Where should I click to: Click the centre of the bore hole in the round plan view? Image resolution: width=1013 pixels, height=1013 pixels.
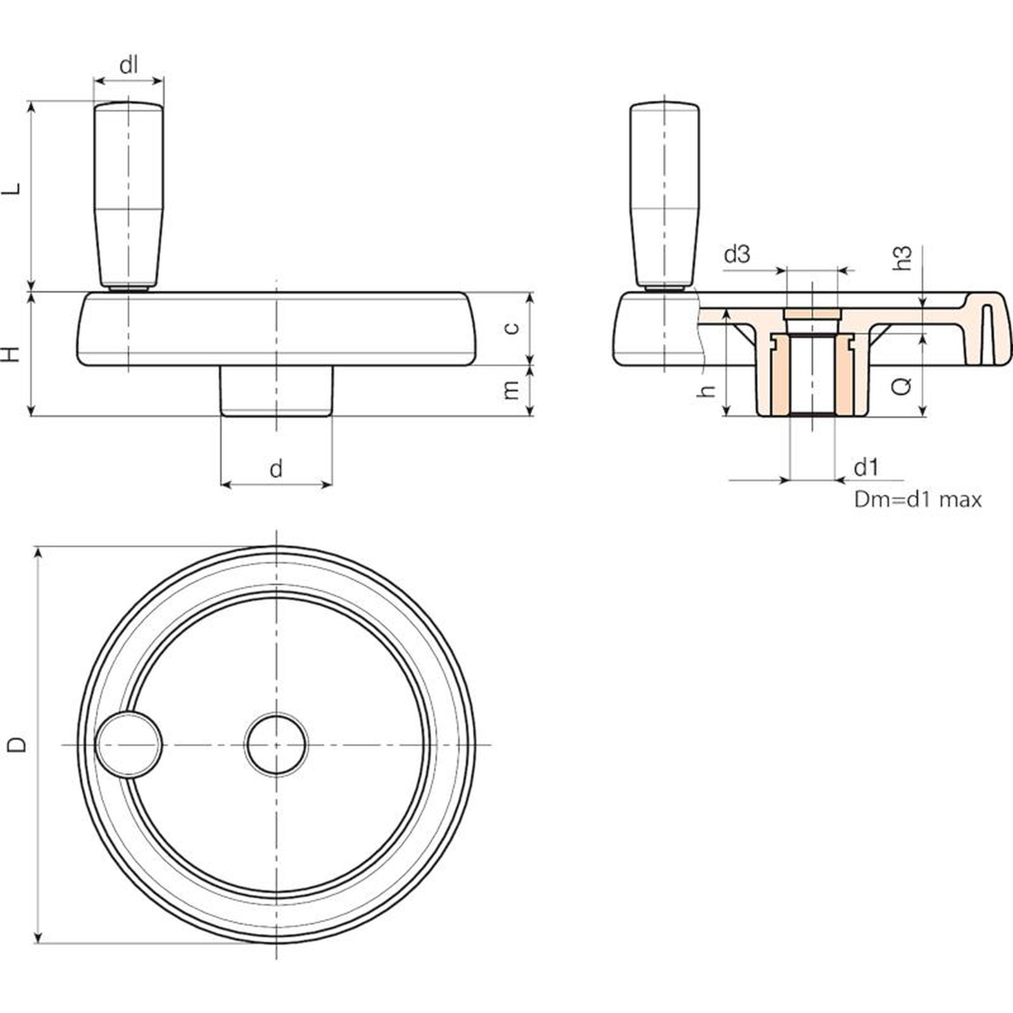(276, 745)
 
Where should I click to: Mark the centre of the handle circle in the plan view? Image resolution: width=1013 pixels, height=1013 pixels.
(129, 745)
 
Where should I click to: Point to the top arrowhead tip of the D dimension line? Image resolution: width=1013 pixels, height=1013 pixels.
(39, 548)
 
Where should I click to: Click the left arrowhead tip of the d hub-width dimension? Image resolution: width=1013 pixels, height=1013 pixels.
(220, 485)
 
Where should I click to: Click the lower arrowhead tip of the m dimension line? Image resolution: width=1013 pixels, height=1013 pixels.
(531, 416)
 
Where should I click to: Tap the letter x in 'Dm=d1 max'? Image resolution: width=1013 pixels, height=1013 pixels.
(975, 501)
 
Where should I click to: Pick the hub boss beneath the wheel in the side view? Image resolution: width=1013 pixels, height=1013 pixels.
(276, 391)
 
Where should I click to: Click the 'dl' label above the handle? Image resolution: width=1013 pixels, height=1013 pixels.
(129, 64)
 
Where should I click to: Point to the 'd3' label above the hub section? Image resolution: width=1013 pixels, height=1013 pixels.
(737, 254)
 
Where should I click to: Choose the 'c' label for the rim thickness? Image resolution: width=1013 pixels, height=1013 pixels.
(513, 327)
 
